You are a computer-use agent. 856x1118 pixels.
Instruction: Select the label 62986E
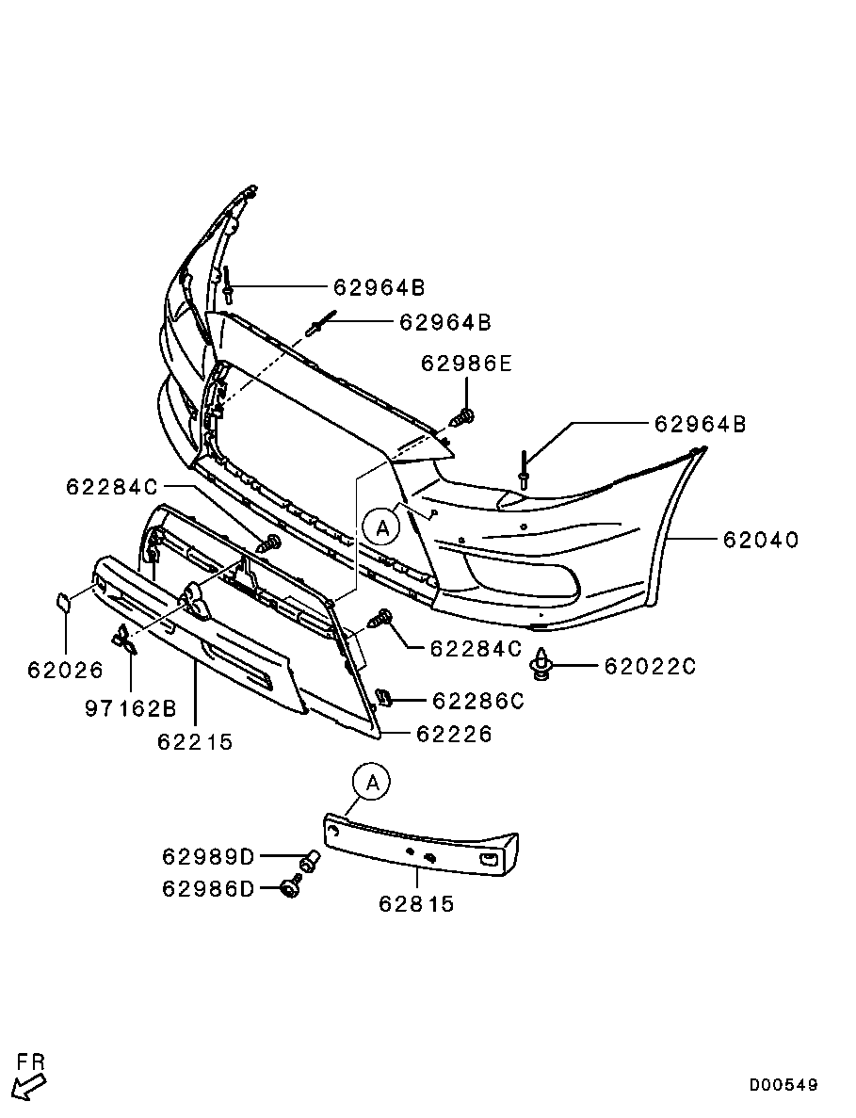(467, 364)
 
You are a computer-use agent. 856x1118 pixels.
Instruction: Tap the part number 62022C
(650, 667)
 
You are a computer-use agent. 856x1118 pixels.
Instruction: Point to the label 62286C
(478, 701)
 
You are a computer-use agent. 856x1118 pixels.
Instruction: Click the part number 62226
(454, 734)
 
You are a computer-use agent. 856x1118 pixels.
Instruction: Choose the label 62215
(195, 742)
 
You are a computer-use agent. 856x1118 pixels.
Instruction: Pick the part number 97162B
(131, 707)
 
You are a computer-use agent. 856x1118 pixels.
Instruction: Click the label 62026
(64, 670)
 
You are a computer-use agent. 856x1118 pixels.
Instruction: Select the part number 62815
(416, 904)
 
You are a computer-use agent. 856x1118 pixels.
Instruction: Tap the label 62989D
(209, 857)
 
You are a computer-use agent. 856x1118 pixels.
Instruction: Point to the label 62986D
(209, 888)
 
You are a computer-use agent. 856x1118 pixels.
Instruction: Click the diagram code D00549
(783, 1085)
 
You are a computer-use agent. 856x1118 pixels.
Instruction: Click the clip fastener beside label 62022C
(541, 664)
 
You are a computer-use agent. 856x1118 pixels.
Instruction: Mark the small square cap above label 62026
(63, 603)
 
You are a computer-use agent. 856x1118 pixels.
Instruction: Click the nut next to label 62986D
(291, 887)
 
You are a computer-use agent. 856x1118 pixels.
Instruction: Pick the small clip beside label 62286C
(383, 697)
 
